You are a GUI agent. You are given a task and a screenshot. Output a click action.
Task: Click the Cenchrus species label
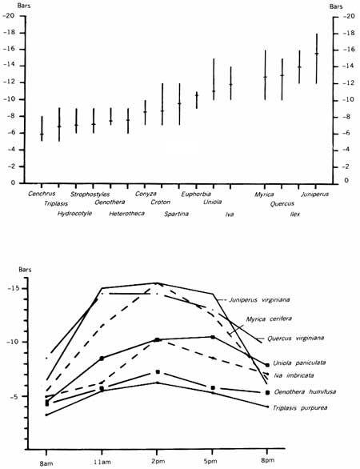[42, 194]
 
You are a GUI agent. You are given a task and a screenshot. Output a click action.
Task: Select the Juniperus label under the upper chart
[315, 194]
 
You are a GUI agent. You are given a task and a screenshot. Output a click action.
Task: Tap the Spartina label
[177, 214]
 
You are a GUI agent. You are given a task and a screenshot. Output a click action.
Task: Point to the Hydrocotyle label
[74, 214]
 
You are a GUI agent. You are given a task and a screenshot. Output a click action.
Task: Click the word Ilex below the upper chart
[295, 214]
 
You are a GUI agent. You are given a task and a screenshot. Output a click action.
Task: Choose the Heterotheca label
[126, 214]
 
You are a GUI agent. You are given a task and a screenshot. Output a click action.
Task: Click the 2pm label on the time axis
[158, 461]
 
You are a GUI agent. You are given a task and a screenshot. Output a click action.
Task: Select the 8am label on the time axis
[46, 464]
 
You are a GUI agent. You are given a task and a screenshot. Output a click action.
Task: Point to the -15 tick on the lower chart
[13, 289]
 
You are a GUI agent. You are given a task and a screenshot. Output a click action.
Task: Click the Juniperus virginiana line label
[259, 299]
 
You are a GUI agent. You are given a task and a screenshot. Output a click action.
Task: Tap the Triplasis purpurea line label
[300, 407]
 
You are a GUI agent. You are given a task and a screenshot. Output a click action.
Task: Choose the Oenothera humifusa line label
[305, 391]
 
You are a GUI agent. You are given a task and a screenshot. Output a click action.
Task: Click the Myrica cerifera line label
[269, 319]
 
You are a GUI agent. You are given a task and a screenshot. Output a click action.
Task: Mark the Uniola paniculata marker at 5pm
[213, 337]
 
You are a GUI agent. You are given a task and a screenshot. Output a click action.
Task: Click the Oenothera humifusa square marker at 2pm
[158, 372]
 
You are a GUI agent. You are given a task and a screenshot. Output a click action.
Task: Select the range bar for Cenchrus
[42, 128]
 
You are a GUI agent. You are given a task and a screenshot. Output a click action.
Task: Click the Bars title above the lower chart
[25, 270]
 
